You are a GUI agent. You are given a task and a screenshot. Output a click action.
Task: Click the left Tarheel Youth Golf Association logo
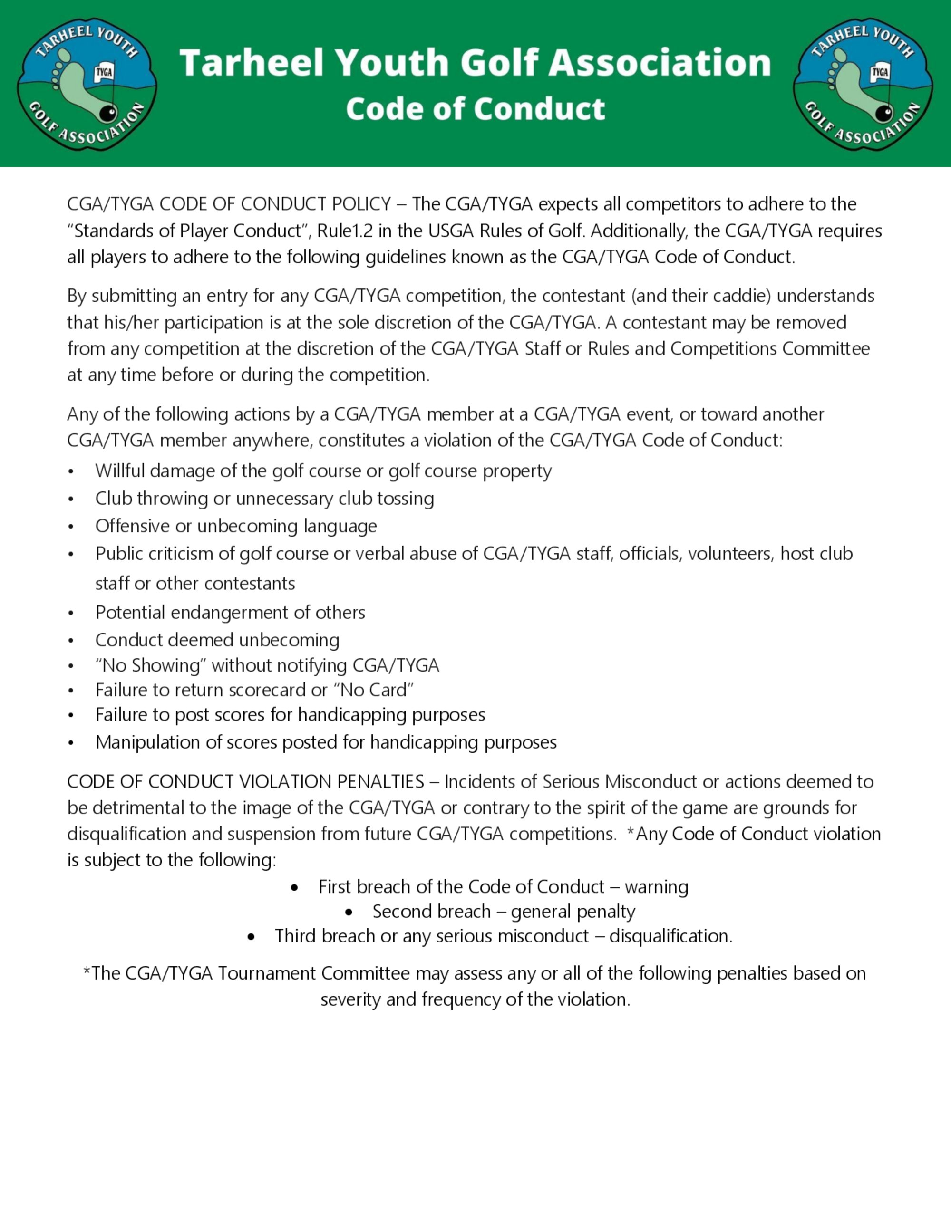(87, 83)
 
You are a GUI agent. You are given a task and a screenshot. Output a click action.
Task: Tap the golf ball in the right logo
(884, 113)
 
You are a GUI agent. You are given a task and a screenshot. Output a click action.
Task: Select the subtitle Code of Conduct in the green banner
(475, 109)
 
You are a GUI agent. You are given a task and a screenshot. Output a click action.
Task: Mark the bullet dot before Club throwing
(71, 499)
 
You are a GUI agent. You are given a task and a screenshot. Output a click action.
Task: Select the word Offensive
(132, 526)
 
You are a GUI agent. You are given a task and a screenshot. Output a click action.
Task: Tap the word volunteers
(730, 554)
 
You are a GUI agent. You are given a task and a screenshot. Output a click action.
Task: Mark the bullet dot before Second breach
(349, 912)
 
